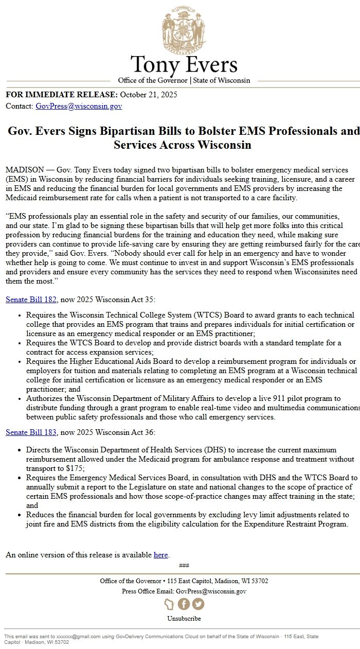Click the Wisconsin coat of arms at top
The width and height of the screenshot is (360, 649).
[184, 28]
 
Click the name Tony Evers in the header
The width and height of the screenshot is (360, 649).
[184, 65]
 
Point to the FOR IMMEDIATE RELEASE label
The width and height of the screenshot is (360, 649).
[62, 95]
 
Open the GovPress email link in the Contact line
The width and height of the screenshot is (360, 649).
[79, 107]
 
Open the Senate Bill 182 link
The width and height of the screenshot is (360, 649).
[31, 300]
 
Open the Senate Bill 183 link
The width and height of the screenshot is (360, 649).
[31, 432]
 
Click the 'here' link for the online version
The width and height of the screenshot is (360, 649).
[160, 555]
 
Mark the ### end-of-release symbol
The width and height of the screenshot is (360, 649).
[184, 566]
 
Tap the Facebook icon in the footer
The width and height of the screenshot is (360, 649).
[184, 604]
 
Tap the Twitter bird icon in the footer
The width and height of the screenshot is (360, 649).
[198, 604]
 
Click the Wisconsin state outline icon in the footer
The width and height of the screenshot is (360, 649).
[169, 604]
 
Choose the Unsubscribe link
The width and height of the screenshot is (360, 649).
[184, 619]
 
